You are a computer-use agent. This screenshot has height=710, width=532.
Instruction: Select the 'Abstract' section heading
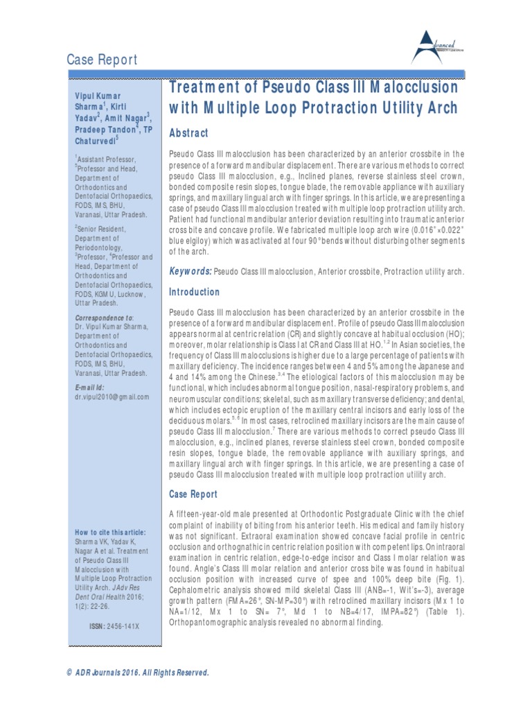click(189, 132)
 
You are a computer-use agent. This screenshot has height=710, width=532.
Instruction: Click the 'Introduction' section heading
click(195, 292)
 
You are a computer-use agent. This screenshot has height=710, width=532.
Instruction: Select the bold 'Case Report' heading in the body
click(193, 494)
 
